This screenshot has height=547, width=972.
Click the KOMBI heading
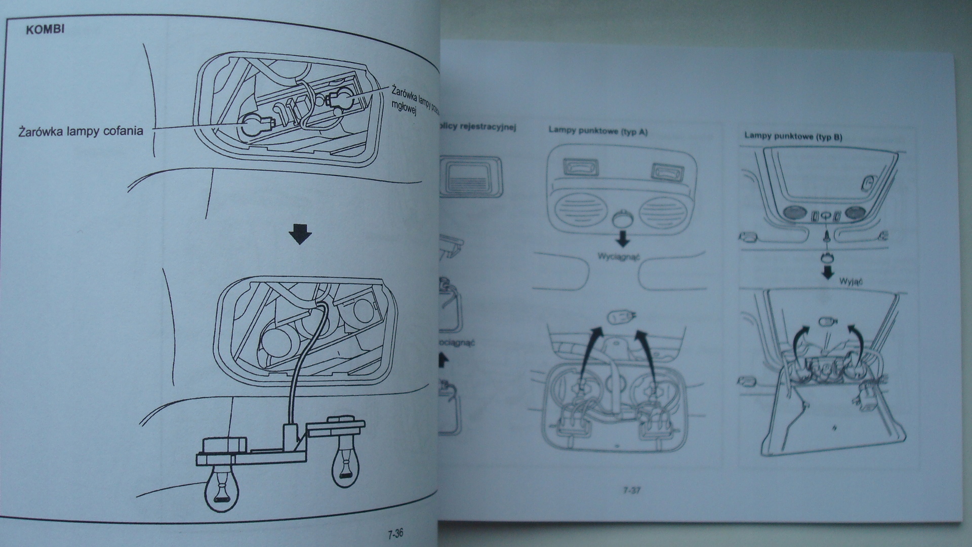click(45, 29)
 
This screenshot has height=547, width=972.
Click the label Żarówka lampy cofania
click(80, 131)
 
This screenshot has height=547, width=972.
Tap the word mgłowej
click(403, 108)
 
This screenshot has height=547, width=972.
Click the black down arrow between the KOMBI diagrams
click(300, 235)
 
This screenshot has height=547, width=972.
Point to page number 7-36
click(395, 533)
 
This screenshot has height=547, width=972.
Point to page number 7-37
click(632, 490)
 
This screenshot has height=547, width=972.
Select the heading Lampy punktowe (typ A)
click(598, 131)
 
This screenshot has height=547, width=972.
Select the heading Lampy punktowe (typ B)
click(793, 136)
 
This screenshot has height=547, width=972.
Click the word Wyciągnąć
click(618, 256)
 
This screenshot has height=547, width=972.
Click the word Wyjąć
click(850, 282)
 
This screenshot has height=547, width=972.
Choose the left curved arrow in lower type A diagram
click(588, 349)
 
